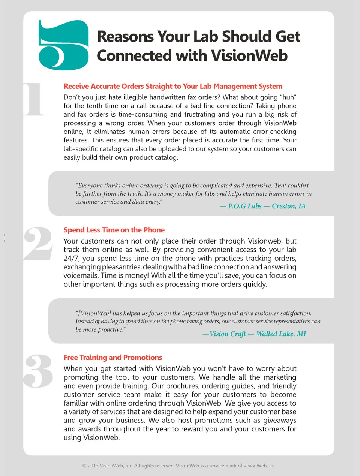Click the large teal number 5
pyautogui.click(x=63, y=45)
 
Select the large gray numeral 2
pyautogui.click(x=38, y=243)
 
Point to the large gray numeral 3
pyautogui.click(x=38, y=371)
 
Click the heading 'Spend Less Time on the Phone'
pyautogui.click(x=114, y=230)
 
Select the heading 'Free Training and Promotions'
pyautogui.click(x=113, y=357)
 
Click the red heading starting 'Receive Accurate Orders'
pyautogui.click(x=173, y=86)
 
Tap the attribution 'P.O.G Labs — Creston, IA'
pyautogui.click(x=262, y=206)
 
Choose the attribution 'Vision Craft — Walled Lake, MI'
pyautogui.click(x=254, y=334)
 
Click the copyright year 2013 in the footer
pyautogui.click(x=93, y=466)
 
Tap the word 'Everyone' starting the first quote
pyautogui.click(x=89, y=185)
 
